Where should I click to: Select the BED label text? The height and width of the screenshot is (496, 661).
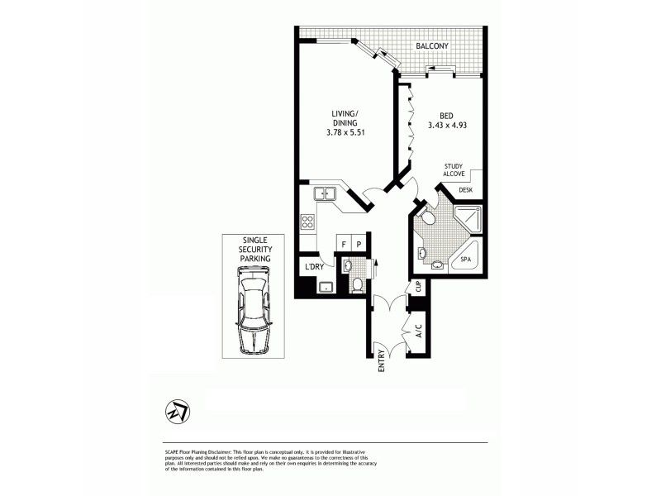point(446,115)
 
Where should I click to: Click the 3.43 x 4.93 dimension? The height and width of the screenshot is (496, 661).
point(447,126)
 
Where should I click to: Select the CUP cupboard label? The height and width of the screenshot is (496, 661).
point(418,287)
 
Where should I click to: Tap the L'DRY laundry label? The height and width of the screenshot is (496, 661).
point(315,266)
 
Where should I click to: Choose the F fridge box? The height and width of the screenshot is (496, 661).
point(343,244)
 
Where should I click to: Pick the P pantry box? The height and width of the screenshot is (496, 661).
point(359,244)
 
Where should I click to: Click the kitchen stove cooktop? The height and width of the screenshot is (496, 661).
point(307,222)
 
